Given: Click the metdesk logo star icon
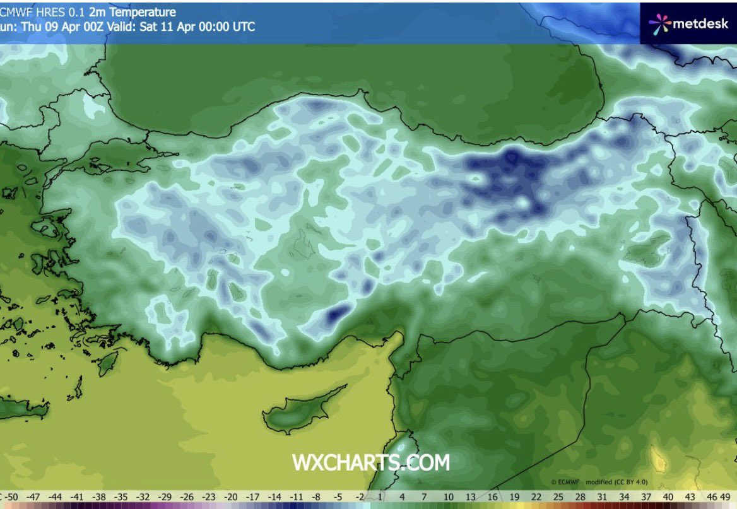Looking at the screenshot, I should click(x=659, y=23).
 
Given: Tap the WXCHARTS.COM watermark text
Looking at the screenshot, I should click(x=370, y=462).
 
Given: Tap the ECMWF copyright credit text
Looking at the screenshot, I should click(x=599, y=481).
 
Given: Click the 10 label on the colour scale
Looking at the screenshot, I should click(x=448, y=497).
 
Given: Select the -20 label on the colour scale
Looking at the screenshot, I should click(x=230, y=497).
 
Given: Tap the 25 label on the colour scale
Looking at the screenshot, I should click(x=558, y=497).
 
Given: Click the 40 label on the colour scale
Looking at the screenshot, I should click(x=668, y=497).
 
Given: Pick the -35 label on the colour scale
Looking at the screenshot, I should click(x=121, y=497).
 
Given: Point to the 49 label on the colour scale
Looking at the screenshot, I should click(x=725, y=497).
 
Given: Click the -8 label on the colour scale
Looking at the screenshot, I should click(x=317, y=497).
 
